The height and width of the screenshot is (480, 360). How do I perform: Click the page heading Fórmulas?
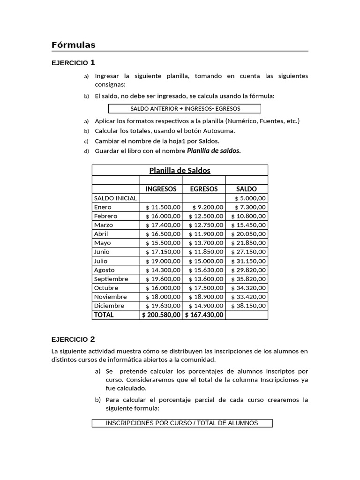[x=74, y=45]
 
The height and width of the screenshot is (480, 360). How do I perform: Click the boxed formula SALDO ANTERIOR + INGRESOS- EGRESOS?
[x=185, y=109]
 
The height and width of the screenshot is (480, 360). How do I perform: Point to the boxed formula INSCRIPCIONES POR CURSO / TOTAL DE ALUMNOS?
[x=182, y=423]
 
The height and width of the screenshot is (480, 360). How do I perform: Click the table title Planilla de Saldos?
[x=180, y=171]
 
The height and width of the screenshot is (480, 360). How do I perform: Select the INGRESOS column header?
[x=161, y=189]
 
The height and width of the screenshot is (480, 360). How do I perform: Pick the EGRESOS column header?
[x=203, y=189]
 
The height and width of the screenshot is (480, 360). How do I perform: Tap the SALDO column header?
[x=247, y=189]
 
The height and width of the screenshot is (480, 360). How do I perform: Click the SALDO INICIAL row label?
[x=115, y=198]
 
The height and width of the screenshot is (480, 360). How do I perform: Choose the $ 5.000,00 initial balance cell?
[x=249, y=198]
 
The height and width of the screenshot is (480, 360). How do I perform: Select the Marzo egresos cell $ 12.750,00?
[x=206, y=225]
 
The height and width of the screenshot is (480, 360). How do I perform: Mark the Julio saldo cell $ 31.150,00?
[x=248, y=261]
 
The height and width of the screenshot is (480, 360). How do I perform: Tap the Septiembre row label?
[x=111, y=279]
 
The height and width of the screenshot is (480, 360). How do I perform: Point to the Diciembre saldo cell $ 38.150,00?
[x=248, y=306]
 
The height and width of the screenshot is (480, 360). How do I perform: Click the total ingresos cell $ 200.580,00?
[x=161, y=315]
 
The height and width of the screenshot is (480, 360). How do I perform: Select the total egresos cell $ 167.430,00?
[x=204, y=315]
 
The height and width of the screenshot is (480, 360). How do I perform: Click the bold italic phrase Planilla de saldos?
[x=214, y=151]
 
